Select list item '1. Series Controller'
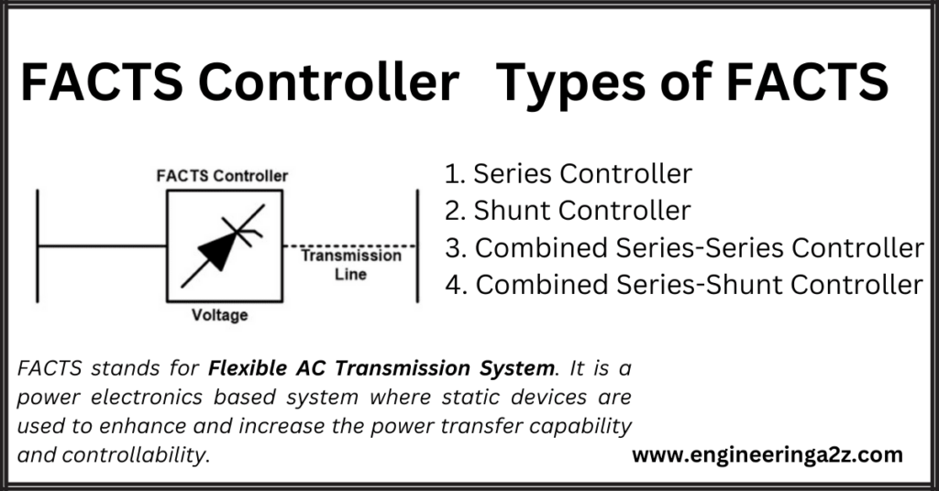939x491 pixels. tap(568, 173)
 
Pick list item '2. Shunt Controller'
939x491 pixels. tap(567, 211)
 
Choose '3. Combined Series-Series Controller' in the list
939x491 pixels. tap(683, 248)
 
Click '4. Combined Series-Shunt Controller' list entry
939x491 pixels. tap(683, 286)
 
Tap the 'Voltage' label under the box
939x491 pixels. tap(220, 316)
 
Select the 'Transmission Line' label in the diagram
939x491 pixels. tap(351, 265)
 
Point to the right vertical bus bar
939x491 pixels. tap(418, 245)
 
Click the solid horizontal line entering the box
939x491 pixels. tap(101, 246)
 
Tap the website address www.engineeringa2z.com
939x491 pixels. tap(768, 454)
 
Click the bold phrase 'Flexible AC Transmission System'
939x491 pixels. tap(382, 369)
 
